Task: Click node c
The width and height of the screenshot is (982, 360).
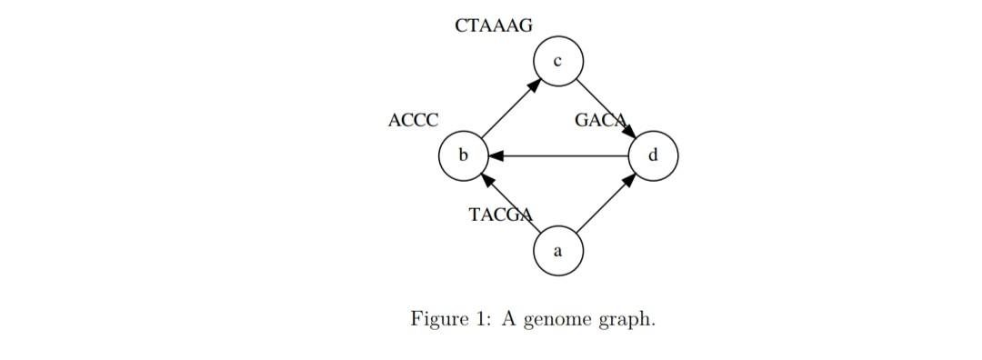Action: pos(557,62)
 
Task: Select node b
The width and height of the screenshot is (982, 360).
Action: pos(463,155)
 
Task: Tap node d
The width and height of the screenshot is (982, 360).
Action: pos(653,155)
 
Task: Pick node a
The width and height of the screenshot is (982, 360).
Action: pos(557,250)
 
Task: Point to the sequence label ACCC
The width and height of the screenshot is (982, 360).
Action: pos(413,120)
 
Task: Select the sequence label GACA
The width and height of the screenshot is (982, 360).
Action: pos(601,120)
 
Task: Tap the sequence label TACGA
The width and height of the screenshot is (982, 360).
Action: pos(500,215)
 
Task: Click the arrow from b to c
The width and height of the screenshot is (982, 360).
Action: pos(510,109)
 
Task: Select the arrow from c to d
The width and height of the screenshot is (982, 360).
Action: pos(605,108)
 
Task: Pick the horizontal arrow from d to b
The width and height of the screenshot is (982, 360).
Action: pos(558,155)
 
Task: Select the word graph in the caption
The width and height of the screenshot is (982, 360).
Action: pos(626,321)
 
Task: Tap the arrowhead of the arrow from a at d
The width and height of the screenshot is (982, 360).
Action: pos(628,179)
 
